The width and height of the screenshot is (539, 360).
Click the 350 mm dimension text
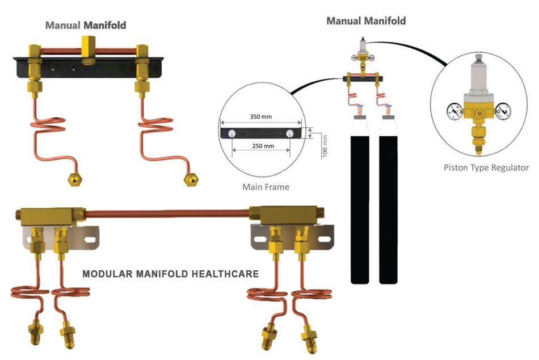click(261, 116)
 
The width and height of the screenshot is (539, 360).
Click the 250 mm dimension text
click(261, 146)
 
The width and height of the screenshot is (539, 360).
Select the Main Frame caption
click(266, 187)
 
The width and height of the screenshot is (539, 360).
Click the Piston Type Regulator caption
click(486, 168)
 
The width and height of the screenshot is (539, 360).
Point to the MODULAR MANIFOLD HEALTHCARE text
click(171, 274)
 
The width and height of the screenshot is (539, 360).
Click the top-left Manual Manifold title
click(86, 25)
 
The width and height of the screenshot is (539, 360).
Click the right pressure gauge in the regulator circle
click(503, 109)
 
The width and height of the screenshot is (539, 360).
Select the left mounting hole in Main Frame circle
click(233, 134)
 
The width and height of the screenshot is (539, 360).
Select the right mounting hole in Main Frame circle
click(289, 134)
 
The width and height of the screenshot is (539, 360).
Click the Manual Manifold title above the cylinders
click(366, 21)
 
